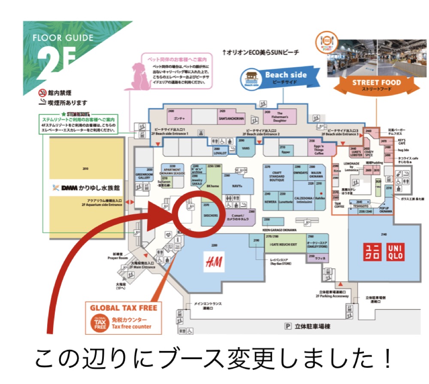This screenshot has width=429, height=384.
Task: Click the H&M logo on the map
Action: [x=214, y=261]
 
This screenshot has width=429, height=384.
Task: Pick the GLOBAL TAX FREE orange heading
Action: [x=124, y=308]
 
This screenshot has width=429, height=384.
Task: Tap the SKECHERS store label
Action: [x=211, y=216]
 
